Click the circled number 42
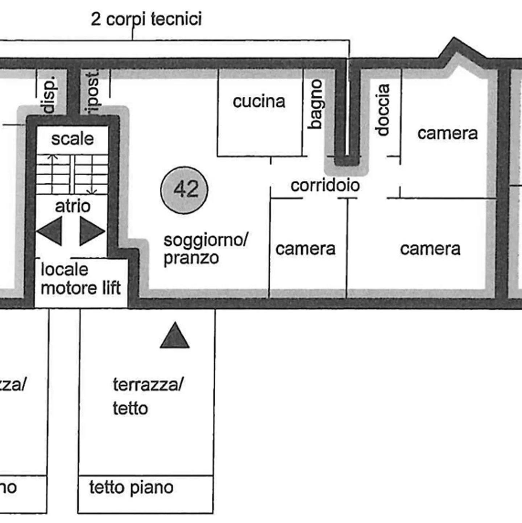click(185, 190)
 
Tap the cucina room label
click(259, 101)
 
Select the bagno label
click(316, 104)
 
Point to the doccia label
click(383, 110)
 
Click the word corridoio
click(325, 186)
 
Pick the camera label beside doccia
click(447, 133)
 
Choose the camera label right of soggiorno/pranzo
click(305, 249)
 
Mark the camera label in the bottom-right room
click(430, 249)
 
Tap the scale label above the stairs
click(72, 139)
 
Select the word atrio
click(72, 206)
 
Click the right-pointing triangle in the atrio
click(91, 231)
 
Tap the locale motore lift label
click(80, 279)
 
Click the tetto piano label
click(131, 487)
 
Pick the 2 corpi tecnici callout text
click(146, 19)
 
